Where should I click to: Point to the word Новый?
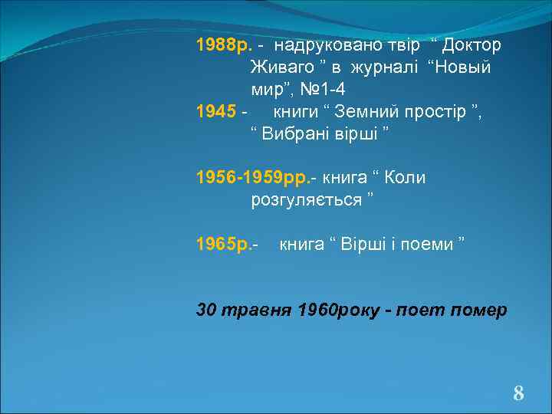[x=466, y=67]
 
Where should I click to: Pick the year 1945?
[x=215, y=112]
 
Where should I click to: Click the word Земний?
[x=370, y=112]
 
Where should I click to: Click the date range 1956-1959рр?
[x=253, y=179]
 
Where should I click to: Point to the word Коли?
[x=407, y=179]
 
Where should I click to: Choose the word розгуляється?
[x=306, y=201]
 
